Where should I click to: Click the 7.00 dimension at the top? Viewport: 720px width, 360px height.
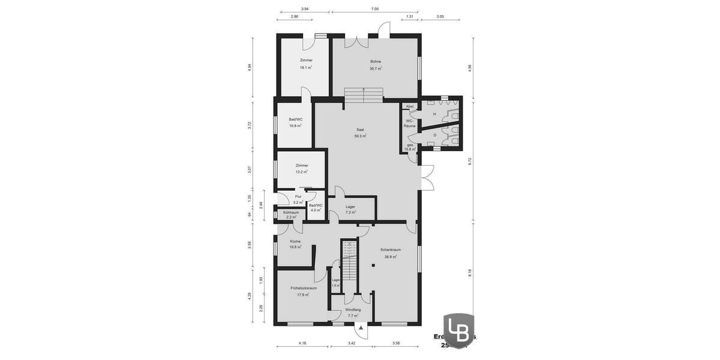tap(374, 9)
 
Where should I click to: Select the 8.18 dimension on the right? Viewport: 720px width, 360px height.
tap(470, 272)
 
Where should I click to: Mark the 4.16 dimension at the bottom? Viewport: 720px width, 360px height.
tap(302, 343)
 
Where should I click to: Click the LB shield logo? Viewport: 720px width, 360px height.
tap(458, 330)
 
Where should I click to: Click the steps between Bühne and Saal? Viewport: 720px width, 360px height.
tap(363, 94)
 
